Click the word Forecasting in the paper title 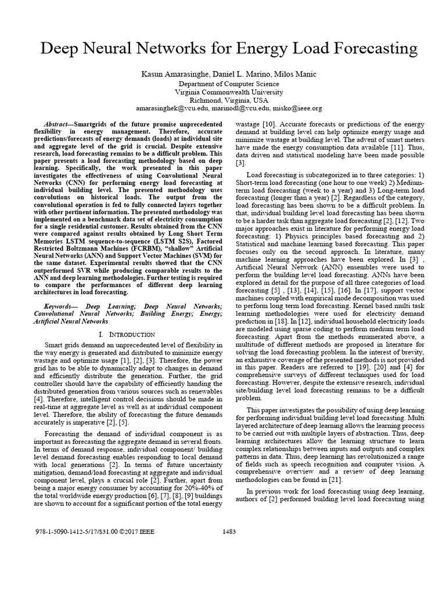pos(366,49)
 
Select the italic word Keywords pos(60,306)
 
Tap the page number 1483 pos(229,531)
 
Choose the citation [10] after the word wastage pos(268,125)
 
